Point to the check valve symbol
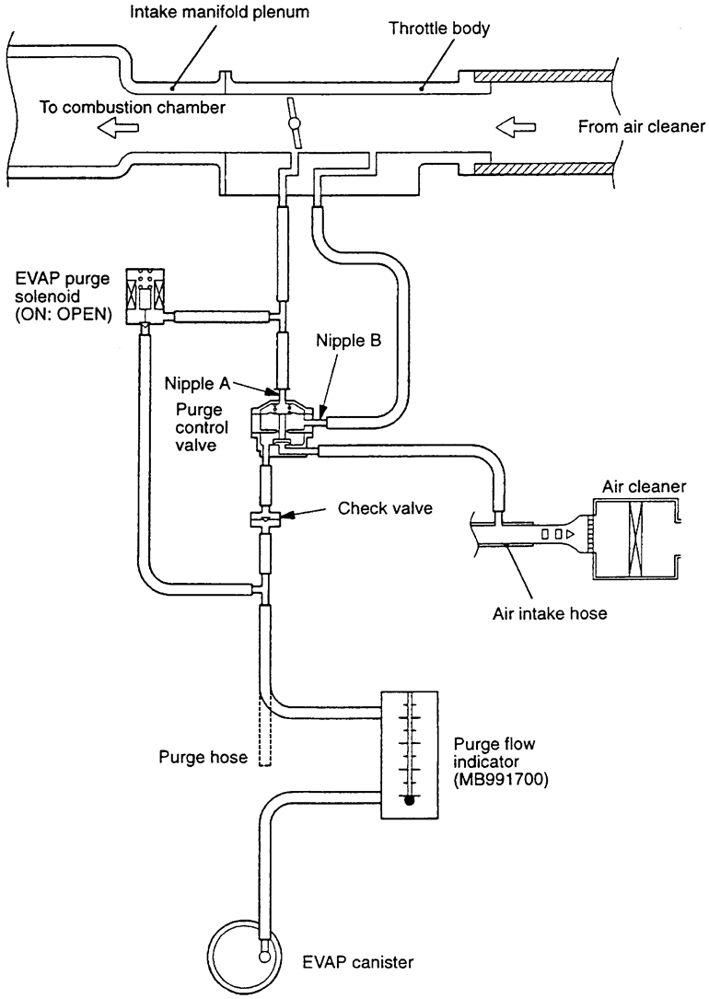[266, 520]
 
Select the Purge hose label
[203, 758]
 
